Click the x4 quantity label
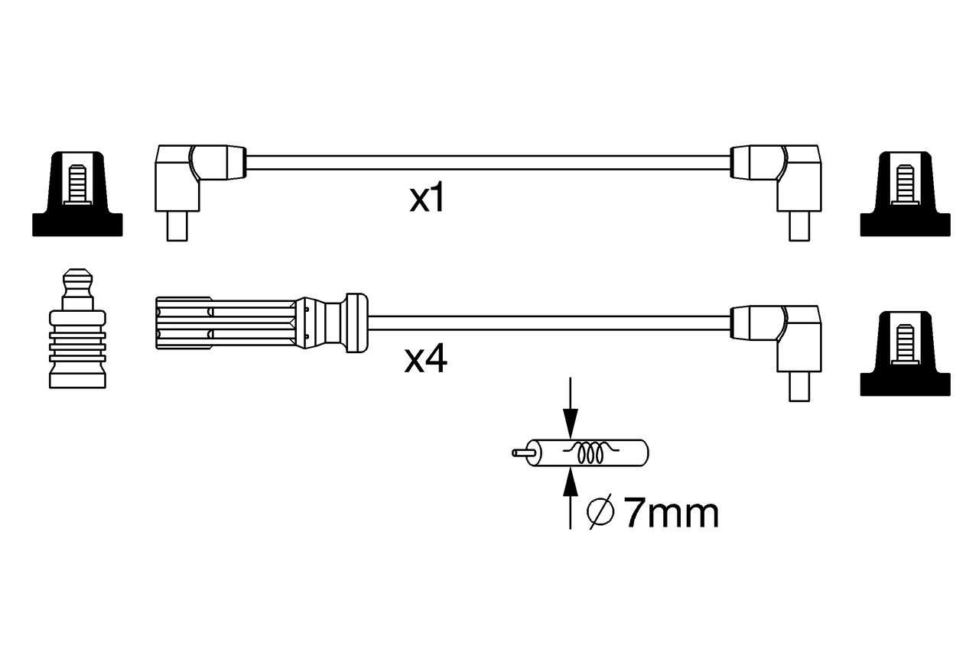click(x=426, y=360)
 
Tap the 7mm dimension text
click(x=672, y=514)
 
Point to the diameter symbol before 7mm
click(x=601, y=514)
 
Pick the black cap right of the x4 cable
click(x=905, y=355)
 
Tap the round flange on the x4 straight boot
click(x=356, y=323)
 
